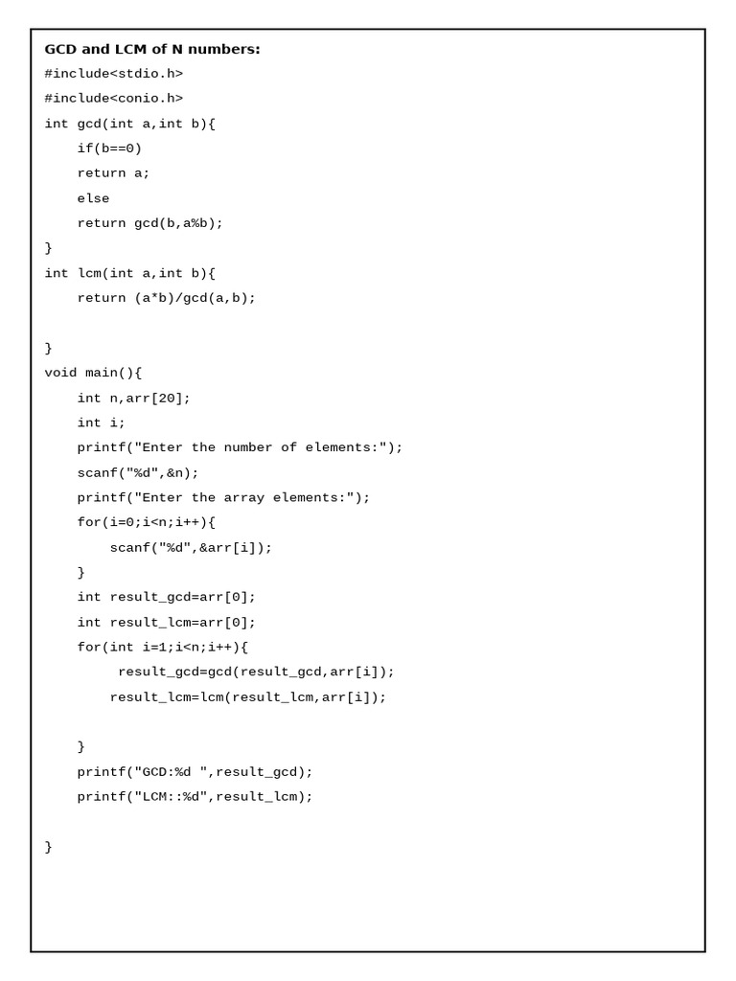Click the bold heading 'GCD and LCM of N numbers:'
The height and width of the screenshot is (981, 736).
(152, 49)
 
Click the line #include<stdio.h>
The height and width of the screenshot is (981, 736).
(113, 74)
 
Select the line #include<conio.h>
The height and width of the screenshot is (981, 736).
(113, 99)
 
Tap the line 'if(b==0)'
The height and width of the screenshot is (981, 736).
(109, 148)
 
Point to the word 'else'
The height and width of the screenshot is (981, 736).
(93, 198)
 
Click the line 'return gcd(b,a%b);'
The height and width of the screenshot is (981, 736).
(149, 223)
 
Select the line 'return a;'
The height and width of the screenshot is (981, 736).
(113, 173)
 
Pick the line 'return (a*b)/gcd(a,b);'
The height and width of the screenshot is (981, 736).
(166, 298)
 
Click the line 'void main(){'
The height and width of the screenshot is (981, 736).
(93, 373)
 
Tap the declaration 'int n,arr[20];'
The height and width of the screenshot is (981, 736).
(133, 398)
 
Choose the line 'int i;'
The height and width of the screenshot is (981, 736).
(101, 422)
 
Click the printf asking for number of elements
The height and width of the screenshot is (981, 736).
(240, 447)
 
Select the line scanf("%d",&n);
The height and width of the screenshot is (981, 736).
(138, 472)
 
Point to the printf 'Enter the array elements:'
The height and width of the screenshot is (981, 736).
(223, 497)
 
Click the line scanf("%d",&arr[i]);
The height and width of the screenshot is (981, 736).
(191, 548)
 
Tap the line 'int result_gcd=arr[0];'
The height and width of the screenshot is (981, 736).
(166, 597)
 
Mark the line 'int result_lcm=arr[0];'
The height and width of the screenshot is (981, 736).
(166, 623)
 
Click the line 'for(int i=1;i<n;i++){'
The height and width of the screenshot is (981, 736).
(162, 648)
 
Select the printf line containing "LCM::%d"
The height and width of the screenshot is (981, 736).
(195, 797)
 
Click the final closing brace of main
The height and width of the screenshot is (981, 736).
(49, 847)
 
